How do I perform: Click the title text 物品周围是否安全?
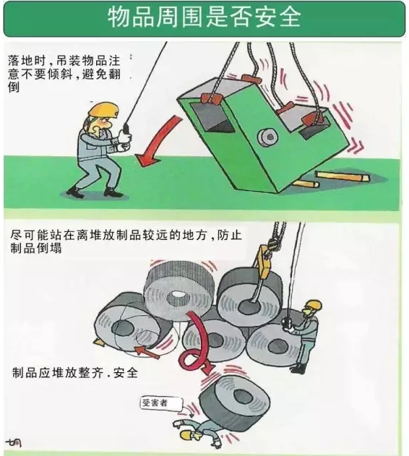204,18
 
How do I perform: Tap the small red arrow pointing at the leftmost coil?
147,350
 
